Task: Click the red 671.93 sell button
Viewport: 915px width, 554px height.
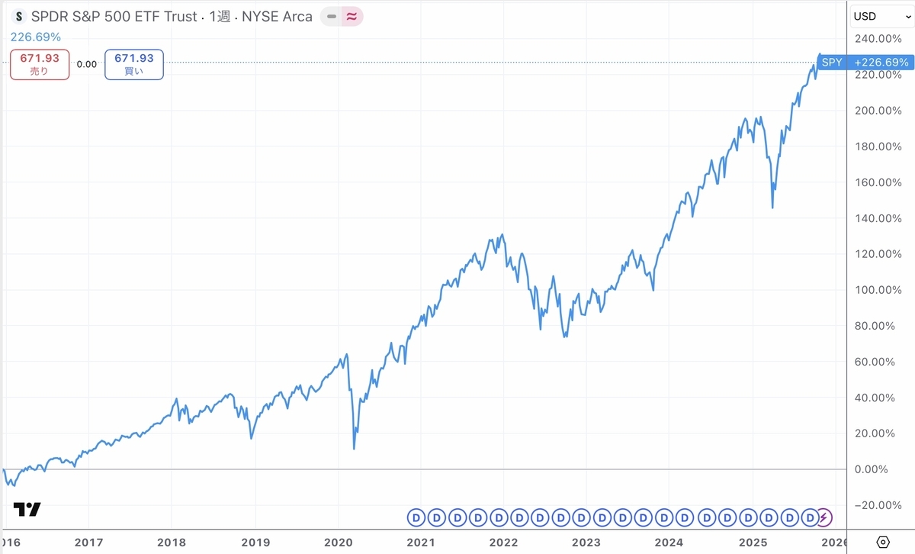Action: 40,65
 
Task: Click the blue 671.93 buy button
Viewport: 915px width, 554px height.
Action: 134,65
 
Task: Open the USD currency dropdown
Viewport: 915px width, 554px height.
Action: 882,17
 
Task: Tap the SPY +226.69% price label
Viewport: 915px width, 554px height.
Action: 865,62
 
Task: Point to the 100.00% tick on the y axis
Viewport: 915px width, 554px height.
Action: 878,290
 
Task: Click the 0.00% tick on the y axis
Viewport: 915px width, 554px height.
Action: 872,469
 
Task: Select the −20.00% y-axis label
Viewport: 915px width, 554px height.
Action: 878,505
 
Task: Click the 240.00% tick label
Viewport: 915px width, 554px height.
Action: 878,39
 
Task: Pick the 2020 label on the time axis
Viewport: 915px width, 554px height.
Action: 339,543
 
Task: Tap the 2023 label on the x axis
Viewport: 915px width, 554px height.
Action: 586,543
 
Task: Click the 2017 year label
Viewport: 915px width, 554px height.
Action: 88,543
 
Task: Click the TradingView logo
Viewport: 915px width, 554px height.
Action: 27,510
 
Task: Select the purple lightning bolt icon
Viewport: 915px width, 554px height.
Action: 824,517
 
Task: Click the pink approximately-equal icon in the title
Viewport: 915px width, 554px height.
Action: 352,16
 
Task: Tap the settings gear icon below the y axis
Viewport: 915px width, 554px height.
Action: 883,542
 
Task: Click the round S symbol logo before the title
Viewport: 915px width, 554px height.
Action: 19,17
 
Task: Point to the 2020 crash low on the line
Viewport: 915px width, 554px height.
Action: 354,449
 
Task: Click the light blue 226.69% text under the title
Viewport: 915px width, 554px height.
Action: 36,37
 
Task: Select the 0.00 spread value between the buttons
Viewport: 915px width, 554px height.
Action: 87,64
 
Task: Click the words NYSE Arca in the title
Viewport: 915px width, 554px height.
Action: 277,17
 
